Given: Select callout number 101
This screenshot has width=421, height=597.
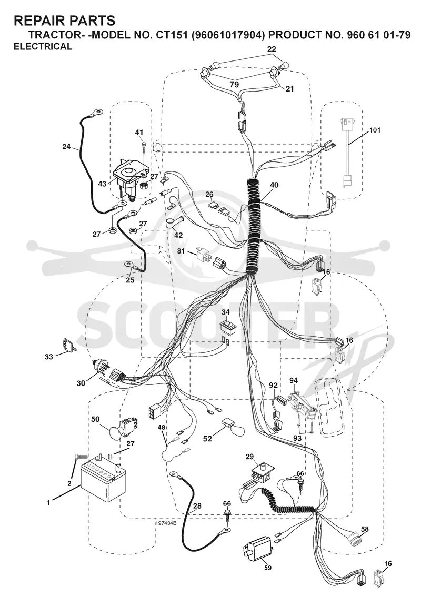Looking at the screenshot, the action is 375,130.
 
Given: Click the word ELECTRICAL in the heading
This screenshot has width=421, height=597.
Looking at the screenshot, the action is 43,47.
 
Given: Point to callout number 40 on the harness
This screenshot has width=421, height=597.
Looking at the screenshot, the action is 274,186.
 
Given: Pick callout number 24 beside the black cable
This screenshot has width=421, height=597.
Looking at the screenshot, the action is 67,146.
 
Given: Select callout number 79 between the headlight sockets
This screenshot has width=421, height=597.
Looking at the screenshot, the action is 234,84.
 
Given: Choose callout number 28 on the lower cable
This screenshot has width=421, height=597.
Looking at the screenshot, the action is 197,506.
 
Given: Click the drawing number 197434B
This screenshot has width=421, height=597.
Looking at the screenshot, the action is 166,523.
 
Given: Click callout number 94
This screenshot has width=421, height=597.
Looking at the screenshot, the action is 293,380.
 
